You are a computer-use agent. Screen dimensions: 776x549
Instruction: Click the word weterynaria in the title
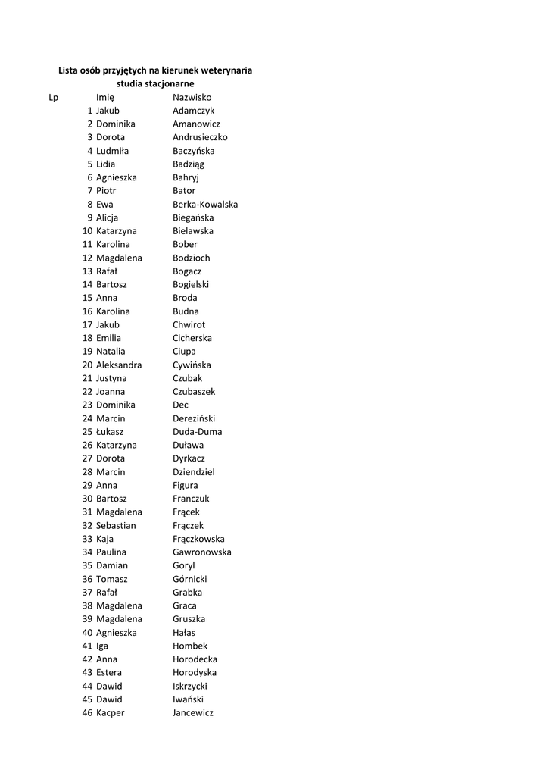coord(222,70)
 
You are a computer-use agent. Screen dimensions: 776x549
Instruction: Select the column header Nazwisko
coord(192,97)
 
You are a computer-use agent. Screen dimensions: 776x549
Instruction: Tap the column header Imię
coord(104,97)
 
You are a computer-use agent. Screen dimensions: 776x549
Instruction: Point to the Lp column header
coord(53,97)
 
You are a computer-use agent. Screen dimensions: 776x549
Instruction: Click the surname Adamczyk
coord(194,111)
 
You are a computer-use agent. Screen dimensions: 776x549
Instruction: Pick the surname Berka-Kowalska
coord(205,205)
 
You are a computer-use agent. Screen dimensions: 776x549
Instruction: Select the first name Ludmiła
coord(112,151)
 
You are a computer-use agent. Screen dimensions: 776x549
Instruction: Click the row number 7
coord(89,191)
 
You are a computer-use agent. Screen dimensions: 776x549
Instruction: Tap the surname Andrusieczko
coord(200,137)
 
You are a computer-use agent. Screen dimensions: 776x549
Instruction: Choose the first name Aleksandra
coord(119,365)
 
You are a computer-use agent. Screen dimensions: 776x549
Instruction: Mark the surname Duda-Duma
coord(198,432)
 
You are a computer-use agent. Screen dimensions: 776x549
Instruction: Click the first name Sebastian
coord(116,525)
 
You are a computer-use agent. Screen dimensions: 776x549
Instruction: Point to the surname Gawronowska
coord(202,552)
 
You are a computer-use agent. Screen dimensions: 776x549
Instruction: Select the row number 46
coord(87,713)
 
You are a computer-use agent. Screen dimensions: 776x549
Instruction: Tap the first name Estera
coord(109,673)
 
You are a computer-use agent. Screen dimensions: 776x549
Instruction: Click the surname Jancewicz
coord(193,713)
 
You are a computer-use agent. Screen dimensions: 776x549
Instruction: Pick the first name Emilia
coord(108,338)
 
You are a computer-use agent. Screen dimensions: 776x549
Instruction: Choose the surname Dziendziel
coord(194,472)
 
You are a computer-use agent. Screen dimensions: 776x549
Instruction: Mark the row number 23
coord(87,405)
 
